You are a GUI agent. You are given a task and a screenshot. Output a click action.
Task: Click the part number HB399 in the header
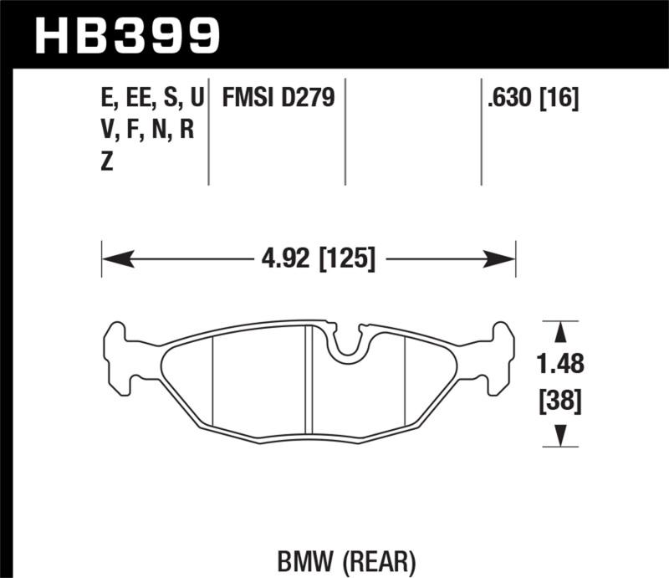(126, 35)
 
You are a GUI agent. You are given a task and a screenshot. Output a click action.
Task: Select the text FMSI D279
(278, 99)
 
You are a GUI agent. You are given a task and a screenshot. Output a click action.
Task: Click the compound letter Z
(106, 164)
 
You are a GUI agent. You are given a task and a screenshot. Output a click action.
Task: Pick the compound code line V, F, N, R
(146, 131)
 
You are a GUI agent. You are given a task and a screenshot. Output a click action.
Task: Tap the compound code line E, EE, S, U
(151, 99)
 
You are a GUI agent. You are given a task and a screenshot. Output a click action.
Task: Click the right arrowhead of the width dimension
(507, 258)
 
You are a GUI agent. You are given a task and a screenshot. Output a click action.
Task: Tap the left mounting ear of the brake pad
(117, 355)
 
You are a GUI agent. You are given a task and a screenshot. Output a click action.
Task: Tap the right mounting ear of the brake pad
(499, 355)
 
